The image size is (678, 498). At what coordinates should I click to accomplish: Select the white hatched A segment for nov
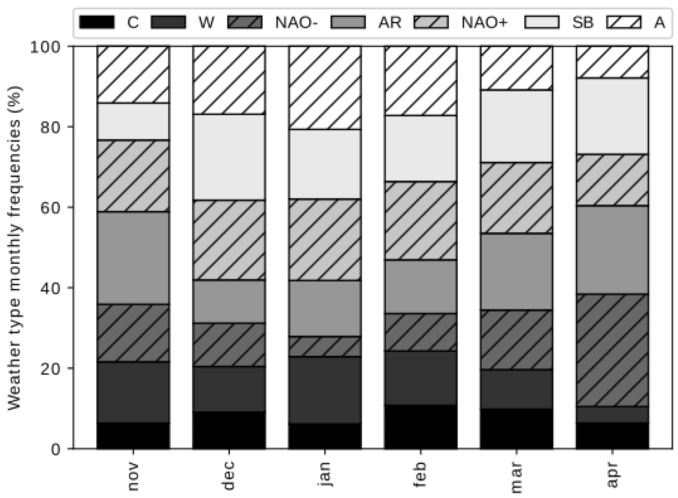133,75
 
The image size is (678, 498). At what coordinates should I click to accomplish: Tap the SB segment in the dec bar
229,157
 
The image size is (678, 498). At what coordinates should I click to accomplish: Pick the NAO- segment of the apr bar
612,350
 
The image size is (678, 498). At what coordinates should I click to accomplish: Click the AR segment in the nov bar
133,258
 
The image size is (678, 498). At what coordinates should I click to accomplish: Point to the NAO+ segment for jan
325,240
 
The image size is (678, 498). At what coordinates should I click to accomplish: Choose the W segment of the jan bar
325,390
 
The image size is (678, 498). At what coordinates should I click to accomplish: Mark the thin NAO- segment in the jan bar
325,346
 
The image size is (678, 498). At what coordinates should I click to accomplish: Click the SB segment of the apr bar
612,116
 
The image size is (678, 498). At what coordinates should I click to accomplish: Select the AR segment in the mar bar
516,271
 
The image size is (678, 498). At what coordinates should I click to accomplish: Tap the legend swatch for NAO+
431,22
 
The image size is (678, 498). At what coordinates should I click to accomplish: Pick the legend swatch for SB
541,22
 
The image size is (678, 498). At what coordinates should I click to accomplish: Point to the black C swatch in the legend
97,22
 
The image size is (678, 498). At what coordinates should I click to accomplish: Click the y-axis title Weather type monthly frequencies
14,247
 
